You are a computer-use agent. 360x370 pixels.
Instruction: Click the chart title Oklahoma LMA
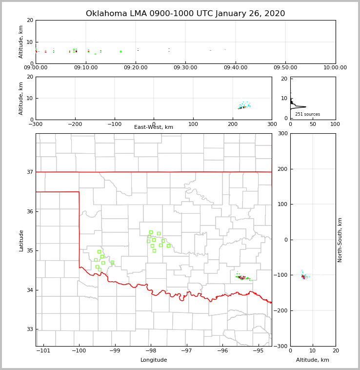(185, 14)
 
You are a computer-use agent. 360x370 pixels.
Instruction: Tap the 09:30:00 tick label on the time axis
(185, 68)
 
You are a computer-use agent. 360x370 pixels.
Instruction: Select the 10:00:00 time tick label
(335, 68)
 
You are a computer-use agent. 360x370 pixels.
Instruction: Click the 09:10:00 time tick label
(86, 68)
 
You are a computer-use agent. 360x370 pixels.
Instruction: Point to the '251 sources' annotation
(307, 114)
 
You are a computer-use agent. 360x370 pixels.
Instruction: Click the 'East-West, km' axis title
(154, 127)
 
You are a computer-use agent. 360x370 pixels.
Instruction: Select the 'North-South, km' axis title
(340, 240)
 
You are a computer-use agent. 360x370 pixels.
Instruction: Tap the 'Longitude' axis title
(154, 360)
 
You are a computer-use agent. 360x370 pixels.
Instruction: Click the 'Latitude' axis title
(21, 240)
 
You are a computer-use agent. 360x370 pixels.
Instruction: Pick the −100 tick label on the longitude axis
(79, 350)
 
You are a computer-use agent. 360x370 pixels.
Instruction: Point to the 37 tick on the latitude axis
(29, 172)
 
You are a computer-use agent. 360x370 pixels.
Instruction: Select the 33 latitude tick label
(29, 329)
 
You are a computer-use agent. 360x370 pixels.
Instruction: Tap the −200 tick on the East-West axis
(75, 124)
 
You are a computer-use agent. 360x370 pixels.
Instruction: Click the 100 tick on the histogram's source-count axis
(335, 124)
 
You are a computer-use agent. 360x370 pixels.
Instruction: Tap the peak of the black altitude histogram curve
(306, 107)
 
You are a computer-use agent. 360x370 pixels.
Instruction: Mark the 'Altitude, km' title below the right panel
(313, 360)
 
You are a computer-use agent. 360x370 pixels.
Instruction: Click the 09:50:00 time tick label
(285, 68)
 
